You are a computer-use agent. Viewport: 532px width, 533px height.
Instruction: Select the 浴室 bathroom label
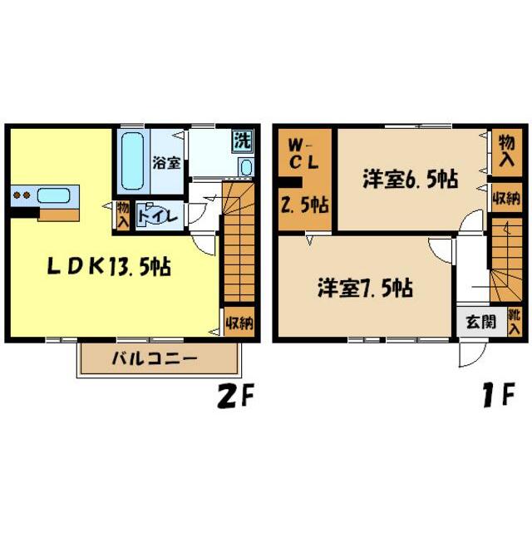(167, 163)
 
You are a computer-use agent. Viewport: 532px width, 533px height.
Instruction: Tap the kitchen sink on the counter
(52, 196)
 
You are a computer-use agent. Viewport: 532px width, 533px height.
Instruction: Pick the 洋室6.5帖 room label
(406, 180)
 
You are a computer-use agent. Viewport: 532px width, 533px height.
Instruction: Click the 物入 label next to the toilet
(123, 215)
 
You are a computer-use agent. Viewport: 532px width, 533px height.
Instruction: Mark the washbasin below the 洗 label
(245, 167)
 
